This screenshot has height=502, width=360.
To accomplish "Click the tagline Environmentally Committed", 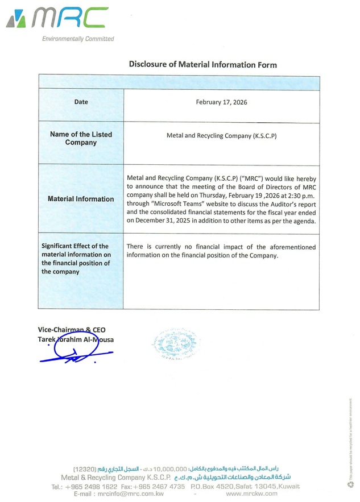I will click(x=78, y=39).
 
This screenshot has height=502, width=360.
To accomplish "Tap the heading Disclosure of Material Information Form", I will click(x=202, y=64).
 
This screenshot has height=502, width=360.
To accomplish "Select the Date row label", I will click(x=81, y=102).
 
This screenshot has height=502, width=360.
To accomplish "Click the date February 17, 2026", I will click(x=221, y=102).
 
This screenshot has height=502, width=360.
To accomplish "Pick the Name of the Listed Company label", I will click(x=81, y=139).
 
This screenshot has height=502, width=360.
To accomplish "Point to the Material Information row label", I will click(x=81, y=199).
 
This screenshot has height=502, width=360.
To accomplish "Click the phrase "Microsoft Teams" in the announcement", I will click(x=183, y=203).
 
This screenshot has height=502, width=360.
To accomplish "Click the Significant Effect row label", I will click(x=76, y=259).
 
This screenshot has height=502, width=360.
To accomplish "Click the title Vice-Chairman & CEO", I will click(x=72, y=330).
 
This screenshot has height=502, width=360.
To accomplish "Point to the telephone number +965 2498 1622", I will click(x=92, y=487).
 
